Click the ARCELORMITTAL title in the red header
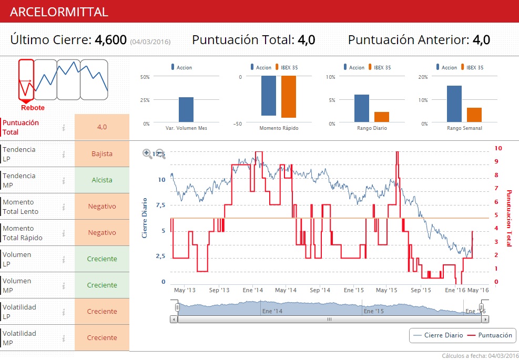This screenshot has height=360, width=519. click(59, 12)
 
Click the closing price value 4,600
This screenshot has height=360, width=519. click(110, 40)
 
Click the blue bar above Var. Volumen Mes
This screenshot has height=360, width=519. click(186, 110)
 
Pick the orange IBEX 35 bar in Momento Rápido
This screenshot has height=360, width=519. click(289, 97)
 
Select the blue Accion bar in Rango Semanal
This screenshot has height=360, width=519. click(454, 104)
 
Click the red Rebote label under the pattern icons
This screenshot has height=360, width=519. click(33, 108)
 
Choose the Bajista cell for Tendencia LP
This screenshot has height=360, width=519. click(102, 154)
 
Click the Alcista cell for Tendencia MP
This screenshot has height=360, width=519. click(102, 180)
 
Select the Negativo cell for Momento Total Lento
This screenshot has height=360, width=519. click(102, 207)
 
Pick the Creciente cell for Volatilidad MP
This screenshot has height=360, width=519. click(102, 338)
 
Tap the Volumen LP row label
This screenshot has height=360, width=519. click(17, 259)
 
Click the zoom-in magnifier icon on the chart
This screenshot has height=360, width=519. click(147, 153)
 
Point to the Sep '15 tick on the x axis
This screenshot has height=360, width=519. click(421, 290)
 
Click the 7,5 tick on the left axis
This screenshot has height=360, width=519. click(160, 205)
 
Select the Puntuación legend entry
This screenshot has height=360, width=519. click(490, 335)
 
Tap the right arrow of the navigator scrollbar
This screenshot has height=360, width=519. click(485, 319)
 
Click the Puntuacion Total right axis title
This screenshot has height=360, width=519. click(508, 218)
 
